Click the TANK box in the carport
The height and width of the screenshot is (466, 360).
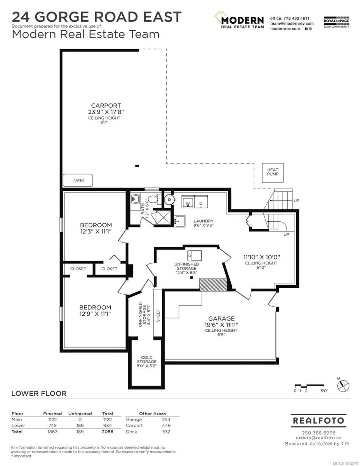click(78, 180)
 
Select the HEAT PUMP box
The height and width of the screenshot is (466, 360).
click(273, 172)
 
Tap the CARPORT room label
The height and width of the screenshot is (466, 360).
click(106, 105)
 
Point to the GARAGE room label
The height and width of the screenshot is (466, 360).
click(221, 318)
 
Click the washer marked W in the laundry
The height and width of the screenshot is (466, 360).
click(188, 203)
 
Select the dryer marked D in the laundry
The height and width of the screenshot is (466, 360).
click(201, 203)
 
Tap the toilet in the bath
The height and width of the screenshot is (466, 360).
click(153, 200)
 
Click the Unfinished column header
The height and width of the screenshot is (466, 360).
click(80, 414)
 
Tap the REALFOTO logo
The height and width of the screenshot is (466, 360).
click(318, 421)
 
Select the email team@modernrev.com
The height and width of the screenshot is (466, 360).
click(292, 23)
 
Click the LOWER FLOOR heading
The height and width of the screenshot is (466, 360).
click(39, 393)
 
